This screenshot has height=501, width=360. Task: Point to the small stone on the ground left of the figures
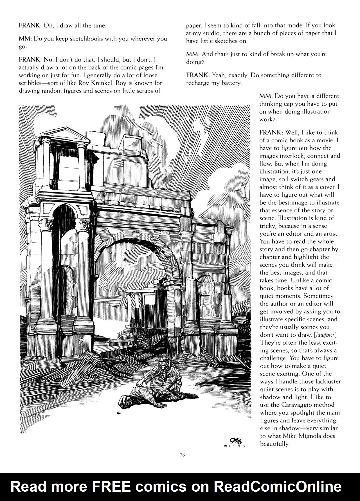(119, 413)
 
